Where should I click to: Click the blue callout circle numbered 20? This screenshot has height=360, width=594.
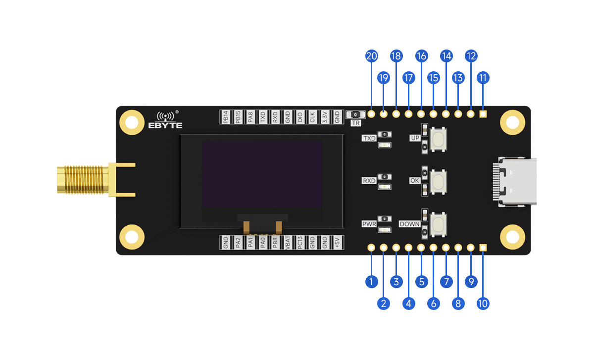click(371, 56)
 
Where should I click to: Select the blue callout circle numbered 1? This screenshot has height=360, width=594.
click(371, 282)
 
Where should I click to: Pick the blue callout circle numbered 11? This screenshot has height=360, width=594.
click(483, 78)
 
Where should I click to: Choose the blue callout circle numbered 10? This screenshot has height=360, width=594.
click(483, 303)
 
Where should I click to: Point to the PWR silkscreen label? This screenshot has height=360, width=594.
click(369, 224)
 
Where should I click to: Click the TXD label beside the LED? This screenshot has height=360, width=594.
click(369, 139)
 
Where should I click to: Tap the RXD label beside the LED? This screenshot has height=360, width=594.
click(369, 181)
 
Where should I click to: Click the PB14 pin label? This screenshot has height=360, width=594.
click(226, 117)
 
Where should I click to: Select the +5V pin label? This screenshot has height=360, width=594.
click(337, 242)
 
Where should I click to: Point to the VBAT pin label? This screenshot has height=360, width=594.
click(288, 242)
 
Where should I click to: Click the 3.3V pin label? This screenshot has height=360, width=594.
click(325, 117)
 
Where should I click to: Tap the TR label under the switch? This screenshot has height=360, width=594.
click(355, 123)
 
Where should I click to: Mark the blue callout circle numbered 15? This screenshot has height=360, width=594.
click(434, 78)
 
